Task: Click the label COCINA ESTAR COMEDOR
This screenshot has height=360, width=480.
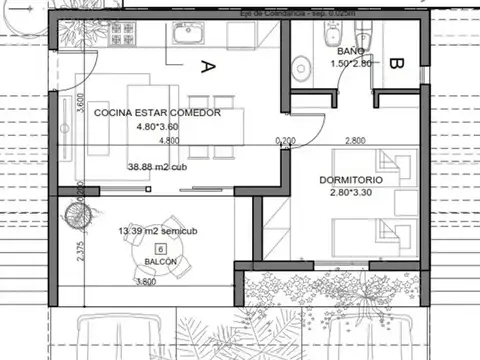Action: pyautogui.click(x=157, y=113)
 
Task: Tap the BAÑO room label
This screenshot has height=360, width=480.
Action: pyautogui.click(x=350, y=50)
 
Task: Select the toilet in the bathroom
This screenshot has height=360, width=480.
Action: pyautogui.click(x=299, y=68)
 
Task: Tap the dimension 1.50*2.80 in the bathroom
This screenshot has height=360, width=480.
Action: pyautogui.click(x=350, y=63)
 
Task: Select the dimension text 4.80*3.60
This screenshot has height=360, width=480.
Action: pyautogui.click(x=157, y=127)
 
